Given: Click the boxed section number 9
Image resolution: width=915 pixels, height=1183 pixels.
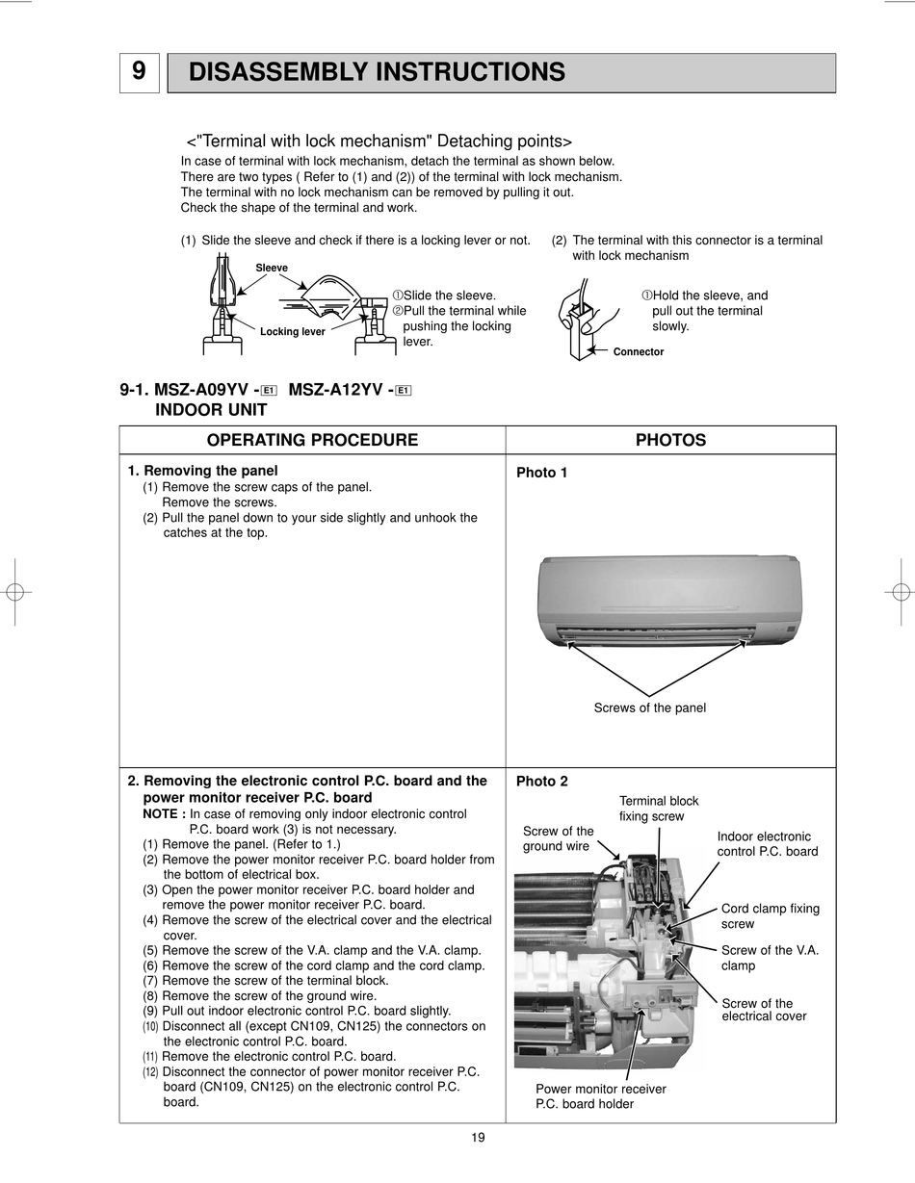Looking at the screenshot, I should [140, 72].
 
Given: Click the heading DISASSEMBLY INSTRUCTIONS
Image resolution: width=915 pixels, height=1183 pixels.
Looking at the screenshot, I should [377, 72].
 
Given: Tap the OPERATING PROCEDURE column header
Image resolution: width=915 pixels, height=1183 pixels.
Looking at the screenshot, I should [312, 440].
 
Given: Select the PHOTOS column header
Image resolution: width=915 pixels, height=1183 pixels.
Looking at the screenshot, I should [670, 440].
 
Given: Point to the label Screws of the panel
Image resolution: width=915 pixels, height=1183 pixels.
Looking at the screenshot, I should [649, 708].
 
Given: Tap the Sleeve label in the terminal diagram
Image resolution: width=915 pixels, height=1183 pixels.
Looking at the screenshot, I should [272, 268].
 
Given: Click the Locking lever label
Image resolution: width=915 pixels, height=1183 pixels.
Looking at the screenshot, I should [292, 332].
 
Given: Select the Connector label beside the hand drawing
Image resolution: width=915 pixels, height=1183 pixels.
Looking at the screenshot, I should [638, 352].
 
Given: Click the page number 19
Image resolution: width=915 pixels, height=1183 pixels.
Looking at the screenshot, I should [478, 1138].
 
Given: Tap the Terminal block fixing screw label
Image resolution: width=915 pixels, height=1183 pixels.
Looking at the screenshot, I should [659, 809].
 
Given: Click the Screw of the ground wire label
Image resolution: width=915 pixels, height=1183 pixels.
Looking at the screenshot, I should [558, 838].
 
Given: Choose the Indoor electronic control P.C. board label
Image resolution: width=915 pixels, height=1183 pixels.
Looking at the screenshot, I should [767, 844].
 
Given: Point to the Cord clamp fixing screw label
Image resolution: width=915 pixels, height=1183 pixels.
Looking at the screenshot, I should [770, 915].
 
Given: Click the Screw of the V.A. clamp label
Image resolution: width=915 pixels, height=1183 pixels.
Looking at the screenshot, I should [770, 958].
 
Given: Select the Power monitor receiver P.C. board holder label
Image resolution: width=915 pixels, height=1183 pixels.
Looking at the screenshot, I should [600, 1096].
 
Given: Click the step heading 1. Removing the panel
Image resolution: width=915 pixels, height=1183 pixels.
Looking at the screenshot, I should [203, 471].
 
